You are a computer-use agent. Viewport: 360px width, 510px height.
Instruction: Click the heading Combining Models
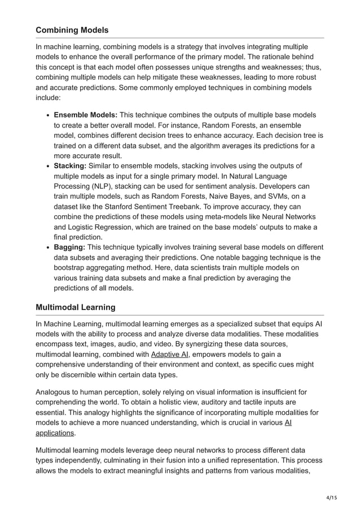point(72,30)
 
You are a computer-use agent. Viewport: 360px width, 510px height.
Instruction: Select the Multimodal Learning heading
point(76,307)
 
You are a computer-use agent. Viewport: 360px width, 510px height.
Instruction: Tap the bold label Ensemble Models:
point(85,115)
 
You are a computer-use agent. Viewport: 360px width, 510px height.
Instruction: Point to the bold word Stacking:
point(70,166)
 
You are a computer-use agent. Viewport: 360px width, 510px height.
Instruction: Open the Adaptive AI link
point(170,354)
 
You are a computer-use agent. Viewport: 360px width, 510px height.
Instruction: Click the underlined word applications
point(55,433)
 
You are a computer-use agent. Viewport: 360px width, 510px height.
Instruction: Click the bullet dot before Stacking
point(46,167)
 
